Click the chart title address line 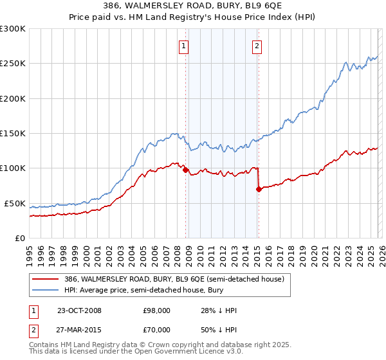[193, 6]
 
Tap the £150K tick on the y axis [12, 134]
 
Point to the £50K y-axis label [14, 203]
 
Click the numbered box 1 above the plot [184, 46]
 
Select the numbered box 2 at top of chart [257, 46]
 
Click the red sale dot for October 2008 [186, 170]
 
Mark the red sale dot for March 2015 [259, 190]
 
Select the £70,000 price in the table [152, 330]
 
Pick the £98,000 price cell [152, 310]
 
